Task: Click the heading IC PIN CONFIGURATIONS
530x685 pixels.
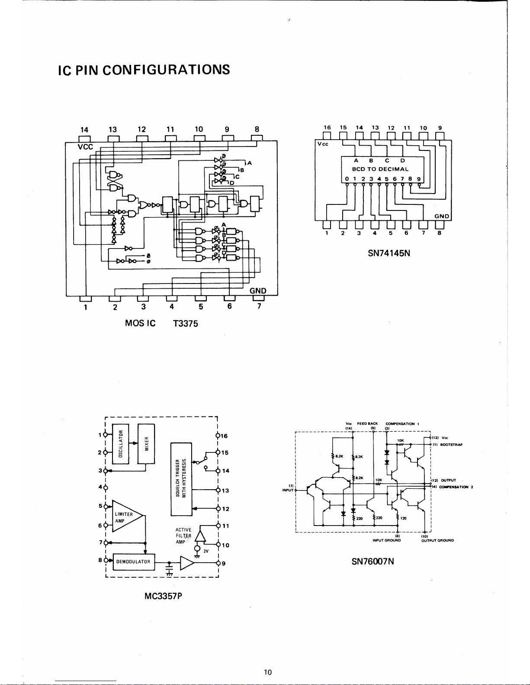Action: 144,70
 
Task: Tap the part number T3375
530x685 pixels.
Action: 185,323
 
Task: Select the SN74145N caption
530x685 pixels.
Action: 389,253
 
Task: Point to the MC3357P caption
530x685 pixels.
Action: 163,596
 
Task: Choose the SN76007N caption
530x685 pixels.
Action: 373,561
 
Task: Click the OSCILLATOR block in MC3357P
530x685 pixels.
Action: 121,444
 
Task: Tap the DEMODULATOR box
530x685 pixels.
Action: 133,562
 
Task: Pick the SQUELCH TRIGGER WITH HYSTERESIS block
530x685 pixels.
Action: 181,479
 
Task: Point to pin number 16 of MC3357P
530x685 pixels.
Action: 224,436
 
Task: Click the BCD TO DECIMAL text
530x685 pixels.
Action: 380,169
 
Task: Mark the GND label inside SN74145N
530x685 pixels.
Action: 442,216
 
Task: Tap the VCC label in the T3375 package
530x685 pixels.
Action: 85,147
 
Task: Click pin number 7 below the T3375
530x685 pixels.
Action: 259,306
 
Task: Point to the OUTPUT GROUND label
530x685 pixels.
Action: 437,540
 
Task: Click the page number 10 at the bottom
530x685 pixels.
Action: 268,672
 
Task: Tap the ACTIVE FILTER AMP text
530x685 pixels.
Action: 183,536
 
